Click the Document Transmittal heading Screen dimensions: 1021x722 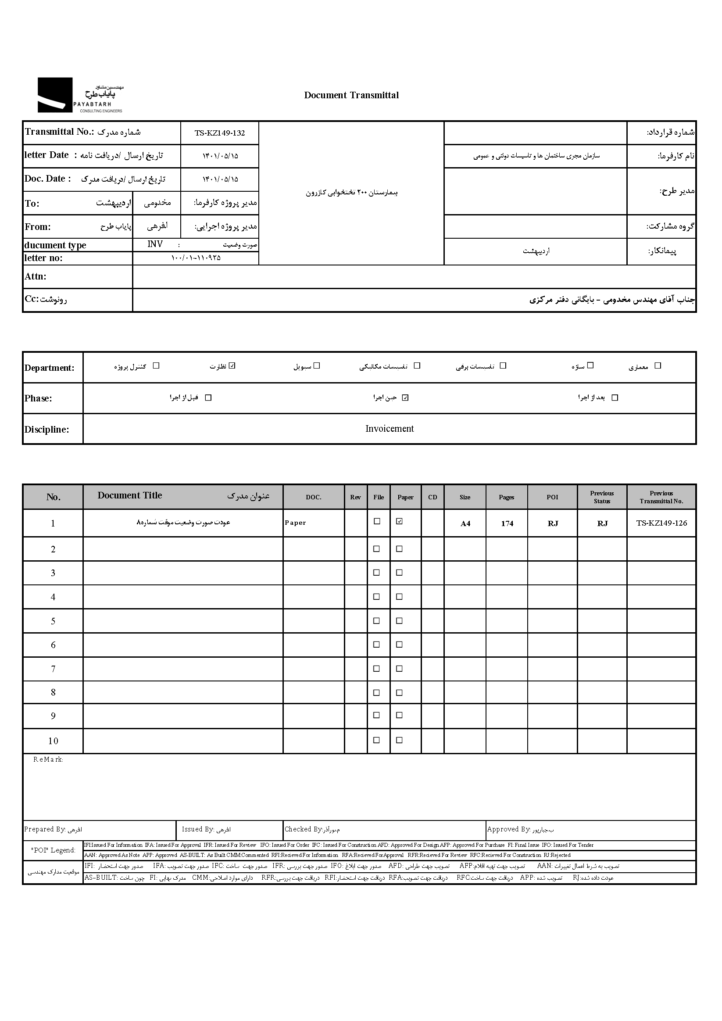click(351, 95)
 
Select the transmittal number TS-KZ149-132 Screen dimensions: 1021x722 click(220, 133)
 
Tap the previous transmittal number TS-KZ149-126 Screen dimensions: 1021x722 click(661, 523)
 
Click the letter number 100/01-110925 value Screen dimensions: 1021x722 click(196, 258)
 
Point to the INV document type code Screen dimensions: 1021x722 click(155, 244)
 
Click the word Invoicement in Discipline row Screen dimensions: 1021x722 click(390, 429)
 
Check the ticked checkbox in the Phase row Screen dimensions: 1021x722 click(405, 398)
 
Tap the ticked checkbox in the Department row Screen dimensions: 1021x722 click(232, 365)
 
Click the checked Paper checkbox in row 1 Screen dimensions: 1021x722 click(399, 521)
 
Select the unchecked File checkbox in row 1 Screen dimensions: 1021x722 click(377, 521)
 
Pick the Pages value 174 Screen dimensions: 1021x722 click(507, 523)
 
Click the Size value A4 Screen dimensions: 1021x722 click(465, 523)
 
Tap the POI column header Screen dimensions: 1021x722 click(552, 497)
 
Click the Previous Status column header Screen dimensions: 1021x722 click(602, 497)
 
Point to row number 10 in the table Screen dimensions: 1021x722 click(53, 741)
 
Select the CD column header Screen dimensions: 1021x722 click(432, 497)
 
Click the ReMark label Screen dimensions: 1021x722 click(48, 759)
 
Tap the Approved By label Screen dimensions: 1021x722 click(508, 829)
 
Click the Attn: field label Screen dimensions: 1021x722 click(36, 276)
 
